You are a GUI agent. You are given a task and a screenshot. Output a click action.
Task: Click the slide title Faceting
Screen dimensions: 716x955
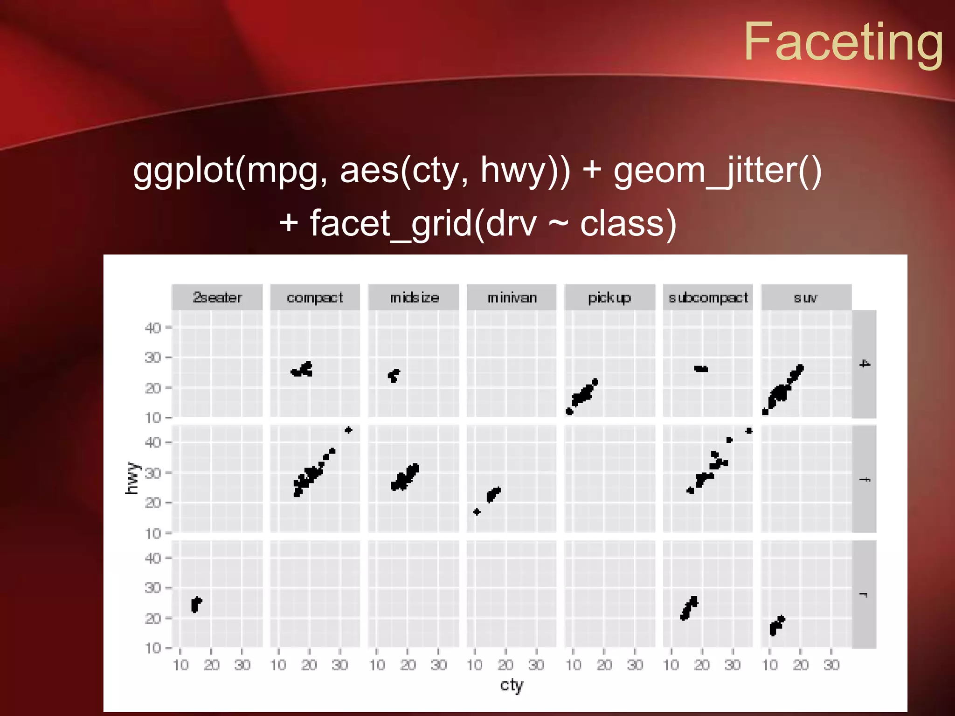[x=843, y=43]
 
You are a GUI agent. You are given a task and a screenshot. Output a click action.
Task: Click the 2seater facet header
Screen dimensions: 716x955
[x=217, y=297]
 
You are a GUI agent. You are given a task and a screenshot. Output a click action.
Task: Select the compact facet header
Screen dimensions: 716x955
[x=315, y=297]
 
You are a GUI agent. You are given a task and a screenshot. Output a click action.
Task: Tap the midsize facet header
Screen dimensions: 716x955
[x=414, y=297]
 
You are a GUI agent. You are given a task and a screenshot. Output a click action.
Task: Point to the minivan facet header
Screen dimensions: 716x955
[x=512, y=297]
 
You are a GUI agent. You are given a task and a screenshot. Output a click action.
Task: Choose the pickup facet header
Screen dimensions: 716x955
[x=609, y=297]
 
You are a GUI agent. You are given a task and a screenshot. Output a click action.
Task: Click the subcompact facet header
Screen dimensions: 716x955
[x=708, y=297]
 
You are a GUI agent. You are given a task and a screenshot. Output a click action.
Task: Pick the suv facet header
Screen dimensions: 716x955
[x=806, y=297]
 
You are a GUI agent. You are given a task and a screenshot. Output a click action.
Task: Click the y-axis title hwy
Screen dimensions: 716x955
[x=132, y=478]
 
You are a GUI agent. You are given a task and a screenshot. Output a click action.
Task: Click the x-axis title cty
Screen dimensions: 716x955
[x=512, y=685]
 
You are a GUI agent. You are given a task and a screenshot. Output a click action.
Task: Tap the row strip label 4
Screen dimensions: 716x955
[x=864, y=364]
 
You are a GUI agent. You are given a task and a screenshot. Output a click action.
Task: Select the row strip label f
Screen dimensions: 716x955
[x=864, y=479]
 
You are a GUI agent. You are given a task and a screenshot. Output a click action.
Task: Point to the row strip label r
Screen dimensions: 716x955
[x=864, y=595]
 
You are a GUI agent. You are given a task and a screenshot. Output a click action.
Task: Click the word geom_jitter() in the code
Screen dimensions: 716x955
[x=717, y=171]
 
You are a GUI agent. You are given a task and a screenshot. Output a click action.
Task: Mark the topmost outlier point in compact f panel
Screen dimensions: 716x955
[x=348, y=430]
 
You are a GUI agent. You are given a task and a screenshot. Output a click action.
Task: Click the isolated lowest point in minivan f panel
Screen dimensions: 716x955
[x=477, y=512]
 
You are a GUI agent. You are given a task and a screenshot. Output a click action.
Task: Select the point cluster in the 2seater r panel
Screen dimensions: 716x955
[x=196, y=605]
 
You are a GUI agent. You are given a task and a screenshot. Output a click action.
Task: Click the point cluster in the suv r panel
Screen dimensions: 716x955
[x=776, y=625]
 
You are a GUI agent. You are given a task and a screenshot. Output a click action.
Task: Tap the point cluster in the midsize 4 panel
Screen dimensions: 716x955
[x=394, y=375]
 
